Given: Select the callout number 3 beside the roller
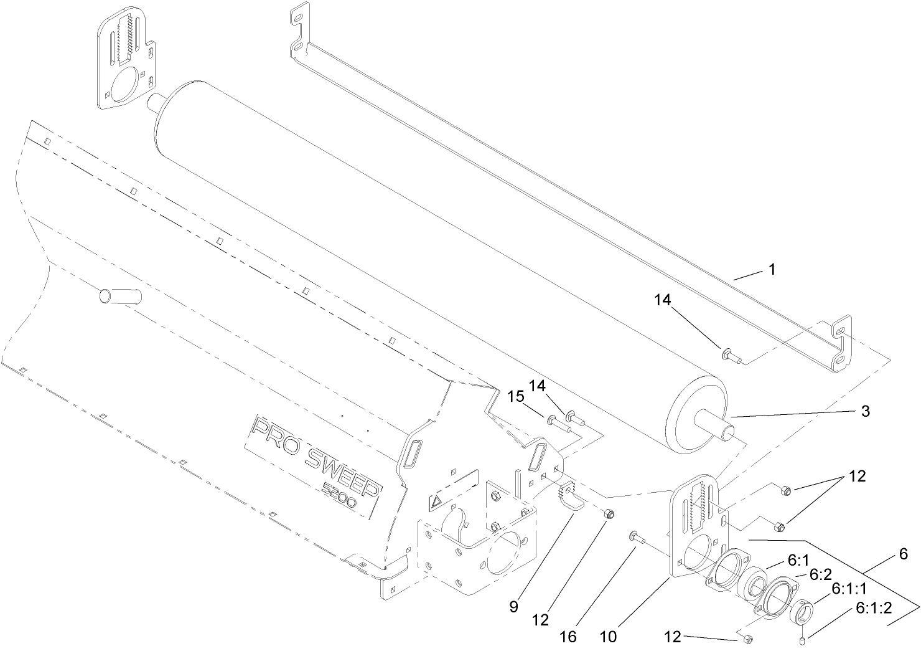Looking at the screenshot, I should pyautogui.click(x=865, y=411).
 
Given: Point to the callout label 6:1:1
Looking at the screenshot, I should pyautogui.click(x=851, y=589).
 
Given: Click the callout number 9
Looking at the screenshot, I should pyautogui.click(x=513, y=607).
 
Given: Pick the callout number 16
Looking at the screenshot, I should pyautogui.click(x=568, y=636).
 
